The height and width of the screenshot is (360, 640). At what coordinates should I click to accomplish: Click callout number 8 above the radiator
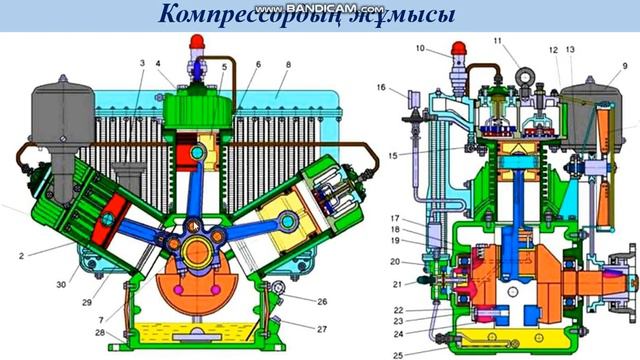[287, 64]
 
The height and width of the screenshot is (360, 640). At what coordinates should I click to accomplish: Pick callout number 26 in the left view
[321, 301]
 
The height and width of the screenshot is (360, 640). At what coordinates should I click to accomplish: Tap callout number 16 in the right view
[381, 88]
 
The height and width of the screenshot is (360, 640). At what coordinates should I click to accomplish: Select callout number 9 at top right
[624, 66]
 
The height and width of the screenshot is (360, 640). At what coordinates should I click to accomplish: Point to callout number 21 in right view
[396, 284]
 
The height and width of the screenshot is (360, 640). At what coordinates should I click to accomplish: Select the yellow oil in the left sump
[200, 331]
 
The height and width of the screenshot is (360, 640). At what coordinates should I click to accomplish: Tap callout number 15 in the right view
[394, 156]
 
